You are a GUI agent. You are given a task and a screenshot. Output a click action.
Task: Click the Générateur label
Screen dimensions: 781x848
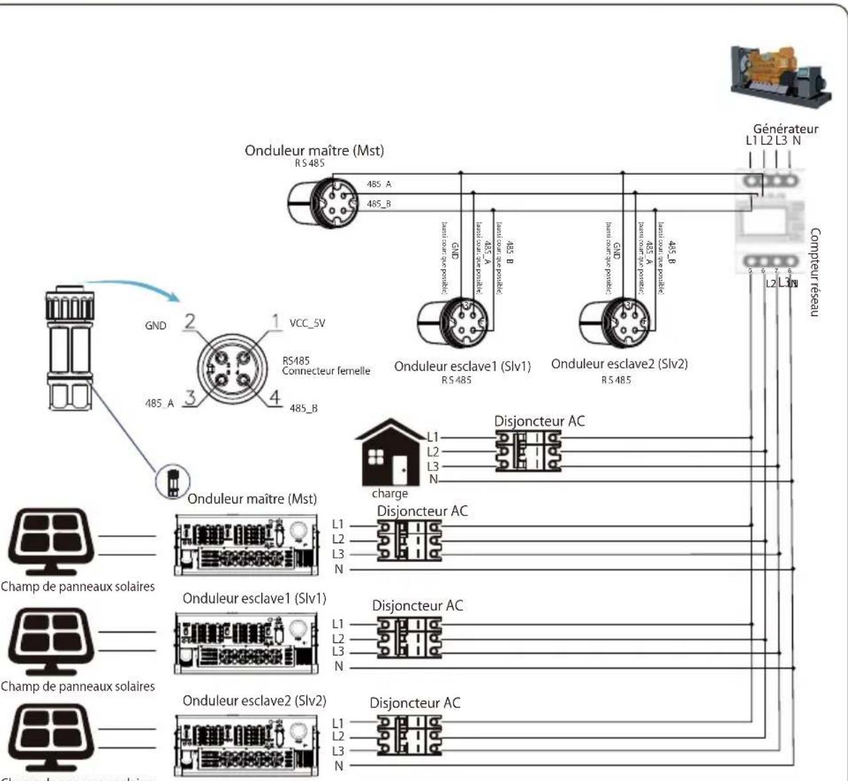[785, 129]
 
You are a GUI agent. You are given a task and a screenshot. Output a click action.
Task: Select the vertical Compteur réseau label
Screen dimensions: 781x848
[815, 272]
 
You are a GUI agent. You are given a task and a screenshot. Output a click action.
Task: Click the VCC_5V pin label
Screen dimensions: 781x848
[307, 323]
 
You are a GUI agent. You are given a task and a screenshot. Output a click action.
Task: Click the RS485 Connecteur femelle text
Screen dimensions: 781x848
[325, 366]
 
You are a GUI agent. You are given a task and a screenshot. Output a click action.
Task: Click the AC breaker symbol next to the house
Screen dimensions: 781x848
[528, 451]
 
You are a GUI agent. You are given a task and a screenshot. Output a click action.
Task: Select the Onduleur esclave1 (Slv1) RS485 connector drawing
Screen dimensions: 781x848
[455, 323]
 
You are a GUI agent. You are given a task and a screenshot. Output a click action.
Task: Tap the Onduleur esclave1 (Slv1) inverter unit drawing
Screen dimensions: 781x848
[246, 643]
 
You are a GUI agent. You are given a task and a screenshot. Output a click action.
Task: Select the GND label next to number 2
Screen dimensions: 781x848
[156, 326]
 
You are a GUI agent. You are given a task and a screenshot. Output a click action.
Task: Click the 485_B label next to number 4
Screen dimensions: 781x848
[303, 408]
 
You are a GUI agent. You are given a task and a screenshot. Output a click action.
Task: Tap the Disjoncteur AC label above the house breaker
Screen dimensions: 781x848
[539, 421]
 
